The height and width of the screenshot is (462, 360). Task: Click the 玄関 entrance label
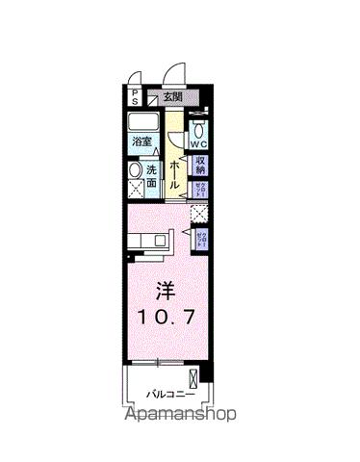pos(171,96)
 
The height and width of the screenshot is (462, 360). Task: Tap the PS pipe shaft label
pos(136,96)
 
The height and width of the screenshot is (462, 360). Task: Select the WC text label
pos(199,145)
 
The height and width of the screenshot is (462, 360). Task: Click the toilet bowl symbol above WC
pos(199,130)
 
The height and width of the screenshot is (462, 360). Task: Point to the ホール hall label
pos(176,173)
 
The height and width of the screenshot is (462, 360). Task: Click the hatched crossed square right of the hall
pos(199,215)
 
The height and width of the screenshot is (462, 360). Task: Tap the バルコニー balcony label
pos(171,396)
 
